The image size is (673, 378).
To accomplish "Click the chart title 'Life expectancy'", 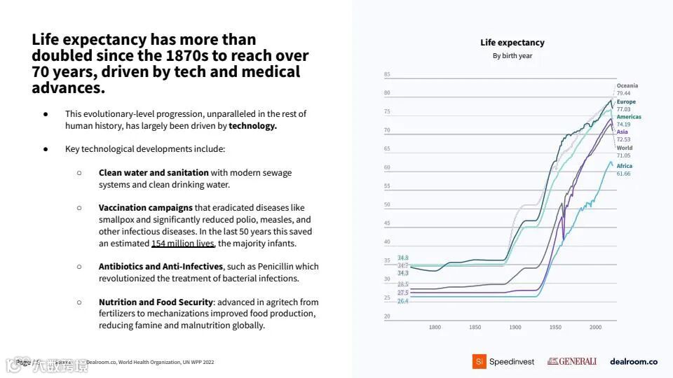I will [x=512, y=43].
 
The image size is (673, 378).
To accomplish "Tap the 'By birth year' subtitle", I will [x=512, y=56].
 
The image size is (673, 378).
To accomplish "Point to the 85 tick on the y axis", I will [x=387, y=74].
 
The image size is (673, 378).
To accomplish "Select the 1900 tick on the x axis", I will [x=515, y=327].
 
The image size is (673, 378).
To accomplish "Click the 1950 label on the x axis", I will [x=555, y=327].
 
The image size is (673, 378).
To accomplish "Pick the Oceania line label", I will [x=627, y=85].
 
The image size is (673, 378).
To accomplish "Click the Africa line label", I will [x=624, y=166].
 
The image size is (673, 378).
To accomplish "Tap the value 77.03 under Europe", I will [x=623, y=109].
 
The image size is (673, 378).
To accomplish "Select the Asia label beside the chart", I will [x=622, y=132].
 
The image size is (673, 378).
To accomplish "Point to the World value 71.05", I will [x=623, y=155].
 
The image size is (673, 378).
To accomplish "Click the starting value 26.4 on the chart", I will [x=403, y=300].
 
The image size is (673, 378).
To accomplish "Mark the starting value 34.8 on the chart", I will [x=403, y=258].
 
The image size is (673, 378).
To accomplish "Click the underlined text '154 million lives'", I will [x=182, y=243].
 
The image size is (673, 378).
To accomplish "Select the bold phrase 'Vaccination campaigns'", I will [x=145, y=207].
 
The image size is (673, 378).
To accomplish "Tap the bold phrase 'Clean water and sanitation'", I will [x=154, y=172].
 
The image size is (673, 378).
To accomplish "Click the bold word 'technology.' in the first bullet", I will [x=252, y=126].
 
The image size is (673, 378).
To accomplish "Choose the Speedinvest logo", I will [x=503, y=362].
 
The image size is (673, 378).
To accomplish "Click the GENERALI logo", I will [x=572, y=362].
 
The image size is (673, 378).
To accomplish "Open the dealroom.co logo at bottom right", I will [x=634, y=362].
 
